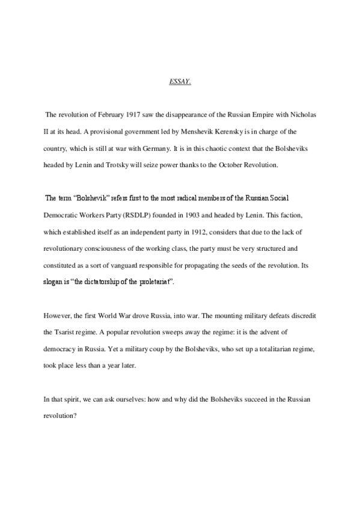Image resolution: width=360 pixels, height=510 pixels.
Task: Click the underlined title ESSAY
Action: click(180, 80)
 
